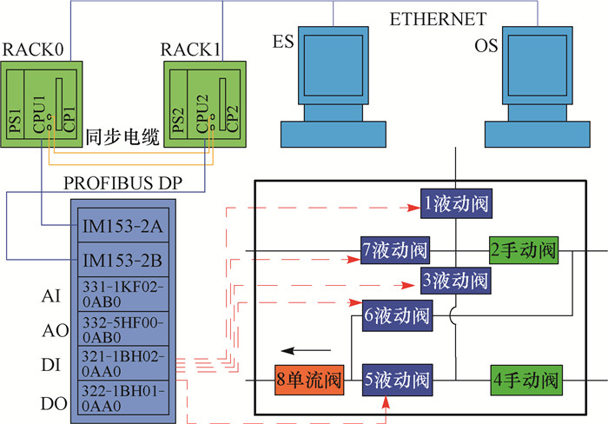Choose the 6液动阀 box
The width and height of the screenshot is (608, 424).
tap(396, 315)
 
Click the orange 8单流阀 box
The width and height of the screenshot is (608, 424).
tap(310, 380)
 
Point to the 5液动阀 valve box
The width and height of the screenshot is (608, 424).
tap(396, 380)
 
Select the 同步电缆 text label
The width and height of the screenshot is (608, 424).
tap(122, 136)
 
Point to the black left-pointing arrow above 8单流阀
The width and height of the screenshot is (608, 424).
tap(310, 352)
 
